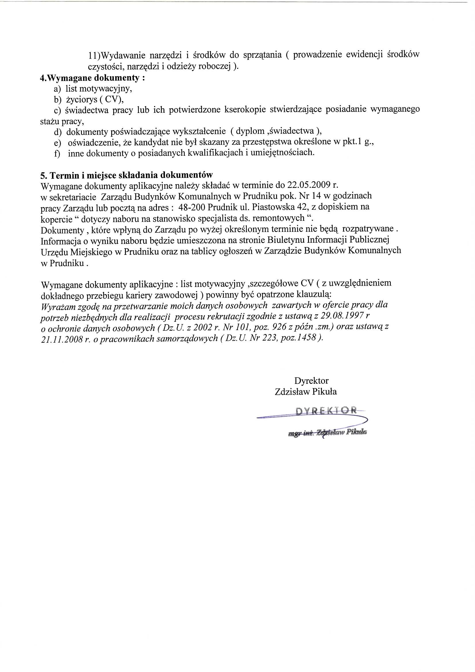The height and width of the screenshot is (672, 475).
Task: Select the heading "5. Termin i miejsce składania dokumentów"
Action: pyautogui.click(x=126, y=175)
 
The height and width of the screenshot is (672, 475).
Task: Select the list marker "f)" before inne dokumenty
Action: pyautogui.click(x=57, y=153)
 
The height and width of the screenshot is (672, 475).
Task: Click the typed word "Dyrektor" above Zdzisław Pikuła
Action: pyautogui.click(x=311, y=381)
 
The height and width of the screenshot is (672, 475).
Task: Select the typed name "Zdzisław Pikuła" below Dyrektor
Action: pyautogui.click(x=306, y=392)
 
